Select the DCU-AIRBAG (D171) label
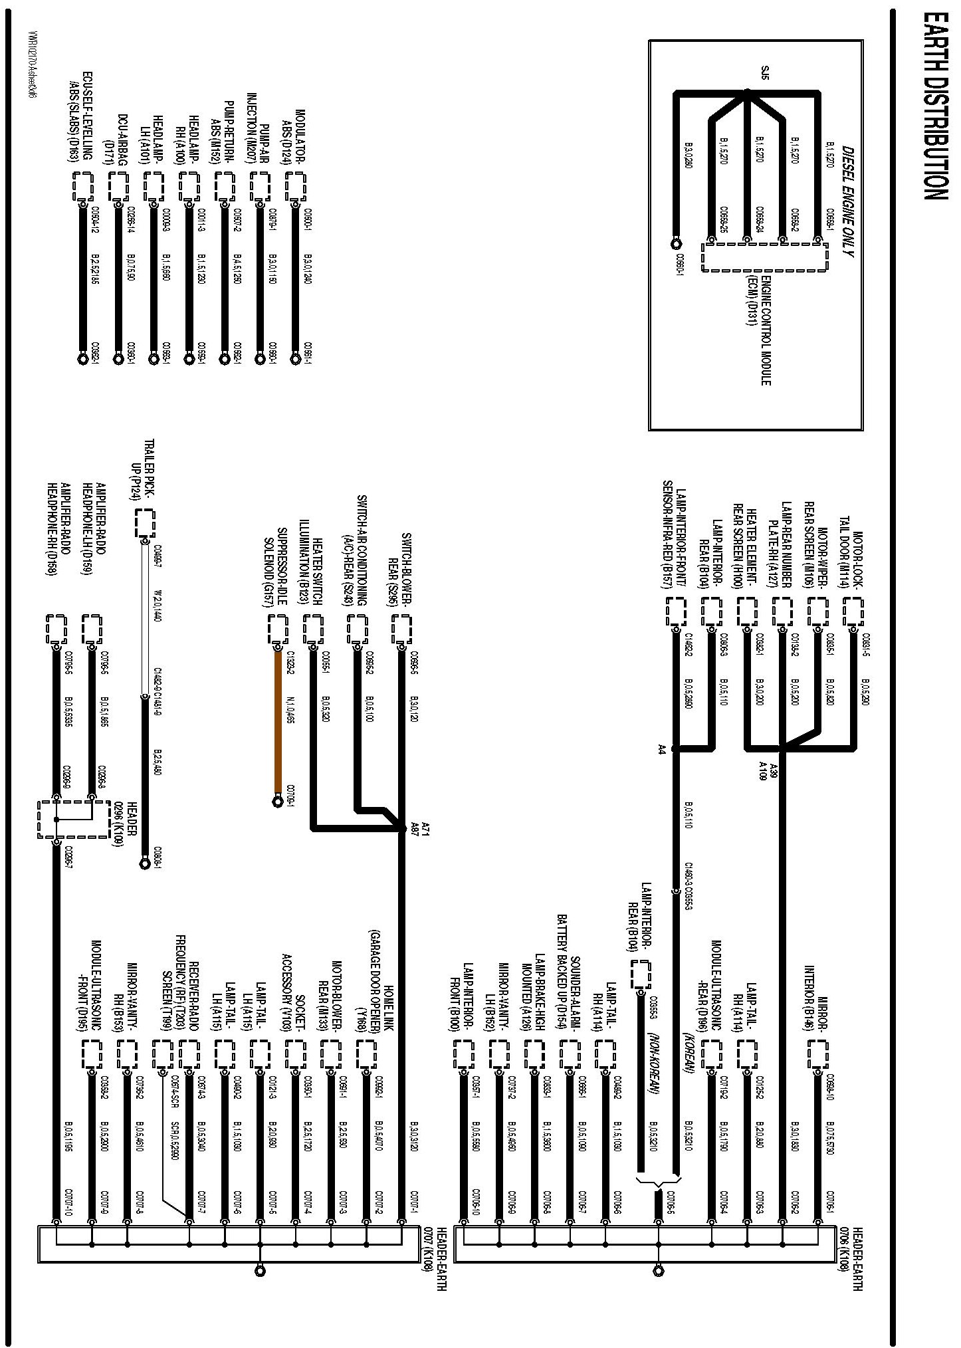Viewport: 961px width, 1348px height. pos(117,136)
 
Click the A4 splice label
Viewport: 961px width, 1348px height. pos(662,750)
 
